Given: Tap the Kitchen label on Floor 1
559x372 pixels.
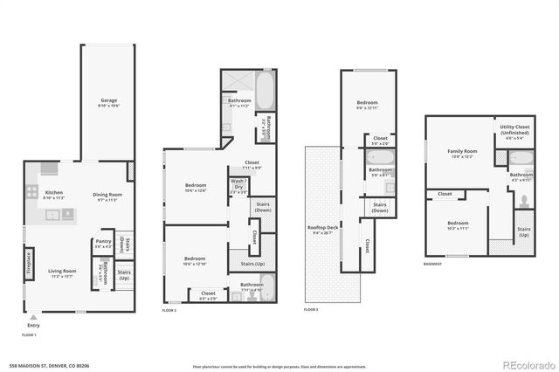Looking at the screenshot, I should (x=53, y=193).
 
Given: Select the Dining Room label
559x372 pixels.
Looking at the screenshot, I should (x=107, y=195).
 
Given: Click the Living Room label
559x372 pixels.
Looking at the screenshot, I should (x=62, y=272).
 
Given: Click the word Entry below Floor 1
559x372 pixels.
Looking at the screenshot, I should (x=33, y=323).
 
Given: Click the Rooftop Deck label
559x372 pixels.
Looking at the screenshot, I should (x=322, y=229).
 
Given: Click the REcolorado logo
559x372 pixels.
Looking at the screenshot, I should (x=523, y=363).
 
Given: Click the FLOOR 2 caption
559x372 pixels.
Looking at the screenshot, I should (x=169, y=310).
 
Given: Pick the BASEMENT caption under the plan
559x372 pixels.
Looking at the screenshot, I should (x=432, y=264).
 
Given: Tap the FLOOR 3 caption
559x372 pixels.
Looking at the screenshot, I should (x=311, y=310).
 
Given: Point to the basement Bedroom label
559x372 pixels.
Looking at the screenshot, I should (x=459, y=224).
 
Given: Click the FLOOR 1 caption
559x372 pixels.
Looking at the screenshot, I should (x=29, y=334).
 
